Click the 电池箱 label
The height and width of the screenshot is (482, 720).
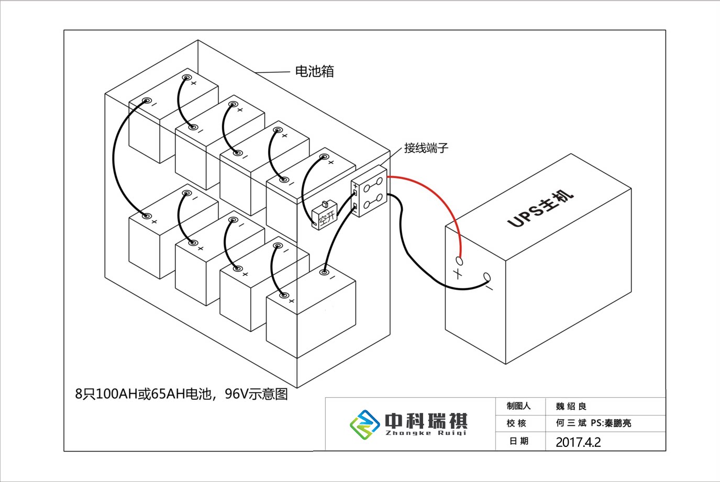tap(314, 71)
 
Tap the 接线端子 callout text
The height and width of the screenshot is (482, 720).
tap(426, 148)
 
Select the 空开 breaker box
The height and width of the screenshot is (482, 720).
tap(324, 215)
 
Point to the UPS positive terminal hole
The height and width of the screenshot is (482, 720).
tap(460, 260)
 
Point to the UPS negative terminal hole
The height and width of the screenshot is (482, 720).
tap(487, 277)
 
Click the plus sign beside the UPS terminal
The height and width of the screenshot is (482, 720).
tap(458, 273)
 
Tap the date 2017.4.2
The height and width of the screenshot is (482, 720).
tap(578, 442)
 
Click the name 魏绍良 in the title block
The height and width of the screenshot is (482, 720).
tap(571, 407)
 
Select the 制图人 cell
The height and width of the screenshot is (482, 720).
tap(518, 406)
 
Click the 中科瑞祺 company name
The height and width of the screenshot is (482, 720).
tap(426, 420)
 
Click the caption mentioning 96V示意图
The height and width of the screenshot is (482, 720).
tap(181, 394)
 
